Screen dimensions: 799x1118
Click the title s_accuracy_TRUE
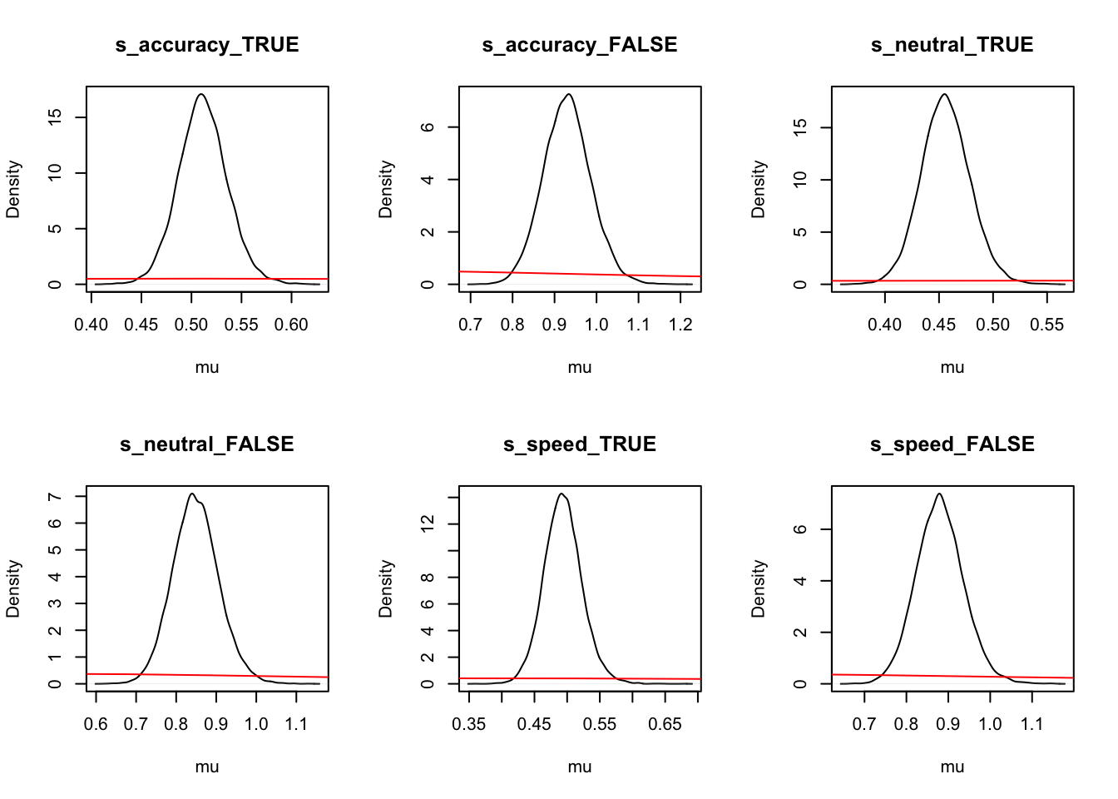click(x=207, y=45)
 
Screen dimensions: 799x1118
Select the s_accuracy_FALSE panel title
click(x=580, y=45)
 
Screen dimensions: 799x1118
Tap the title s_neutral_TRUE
click(x=952, y=45)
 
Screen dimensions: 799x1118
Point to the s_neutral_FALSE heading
click(x=207, y=444)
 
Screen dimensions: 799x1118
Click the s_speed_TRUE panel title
click(x=580, y=444)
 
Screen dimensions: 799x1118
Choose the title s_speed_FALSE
click(x=952, y=444)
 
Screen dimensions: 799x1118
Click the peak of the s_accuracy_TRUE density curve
click(x=201, y=94)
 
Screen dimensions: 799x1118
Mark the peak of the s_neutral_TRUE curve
click(x=945, y=94)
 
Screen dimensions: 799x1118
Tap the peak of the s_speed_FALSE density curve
click(x=938, y=494)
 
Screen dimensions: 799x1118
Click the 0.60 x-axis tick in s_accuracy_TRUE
click(x=291, y=325)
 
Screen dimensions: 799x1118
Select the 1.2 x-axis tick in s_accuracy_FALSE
click(x=680, y=325)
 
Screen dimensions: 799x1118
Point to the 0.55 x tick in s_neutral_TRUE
click(x=1046, y=325)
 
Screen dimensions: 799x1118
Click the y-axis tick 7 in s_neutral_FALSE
click(x=55, y=497)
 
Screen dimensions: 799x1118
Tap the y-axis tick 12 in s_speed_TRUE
click(x=428, y=524)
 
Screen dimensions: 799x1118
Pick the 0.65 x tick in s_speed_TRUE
click(x=665, y=724)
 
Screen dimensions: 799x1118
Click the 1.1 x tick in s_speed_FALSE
click(x=1031, y=724)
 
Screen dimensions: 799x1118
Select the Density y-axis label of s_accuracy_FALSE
click(x=385, y=190)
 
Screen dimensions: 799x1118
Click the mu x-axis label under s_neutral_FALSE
click(x=207, y=767)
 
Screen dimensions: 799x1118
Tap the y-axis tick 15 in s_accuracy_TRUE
click(x=55, y=117)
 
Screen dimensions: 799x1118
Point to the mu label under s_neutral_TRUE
click(x=952, y=367)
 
